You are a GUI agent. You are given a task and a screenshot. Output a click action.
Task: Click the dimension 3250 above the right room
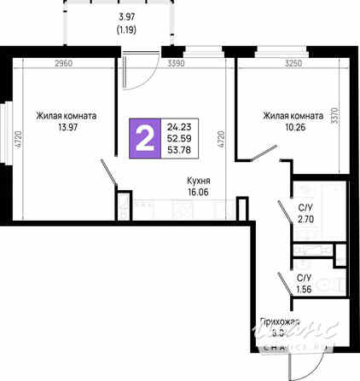[293, 63]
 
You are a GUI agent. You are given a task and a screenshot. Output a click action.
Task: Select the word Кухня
[199, 181]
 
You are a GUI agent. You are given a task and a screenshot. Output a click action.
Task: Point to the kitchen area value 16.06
[199, 193]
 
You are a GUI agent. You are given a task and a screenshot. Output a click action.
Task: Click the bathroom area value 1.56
[304, 289]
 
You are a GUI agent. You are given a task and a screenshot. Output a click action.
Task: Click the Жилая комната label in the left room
[66, 116]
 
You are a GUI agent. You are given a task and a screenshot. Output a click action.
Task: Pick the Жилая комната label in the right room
[293, 116]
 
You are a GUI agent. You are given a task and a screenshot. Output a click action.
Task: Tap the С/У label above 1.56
[304, 278]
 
